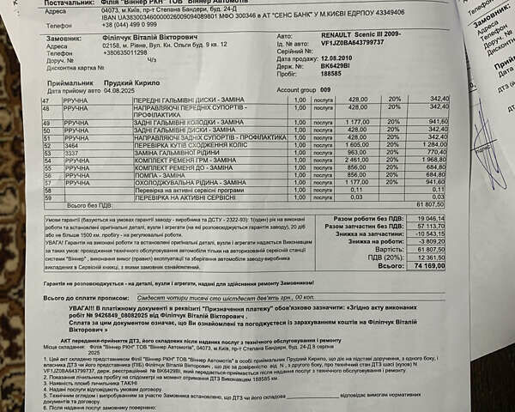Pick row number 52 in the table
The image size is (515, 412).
click(45, 146)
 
